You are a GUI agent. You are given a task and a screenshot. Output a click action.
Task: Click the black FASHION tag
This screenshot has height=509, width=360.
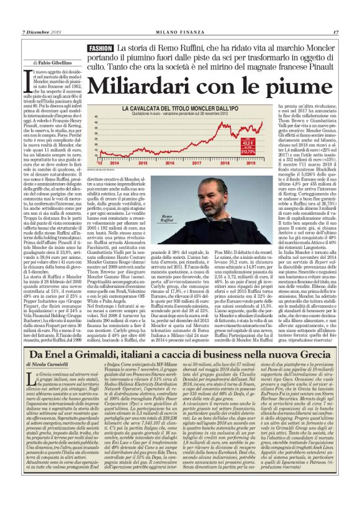click(100, 48)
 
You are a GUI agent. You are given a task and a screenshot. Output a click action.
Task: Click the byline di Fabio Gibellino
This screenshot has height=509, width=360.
click(42, 63)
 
